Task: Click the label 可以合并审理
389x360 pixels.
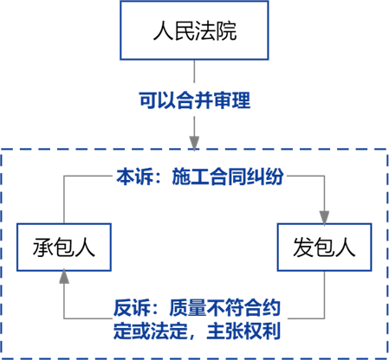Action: (x=194, y=100)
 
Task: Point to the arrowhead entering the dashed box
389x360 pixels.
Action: (x=194, y=143)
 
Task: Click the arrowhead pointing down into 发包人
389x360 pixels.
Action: (x=324, y=217)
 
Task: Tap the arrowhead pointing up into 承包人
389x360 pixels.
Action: (x=64, y=276)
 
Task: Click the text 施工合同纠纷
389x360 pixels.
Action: (x=228, y=177)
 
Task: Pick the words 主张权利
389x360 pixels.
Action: (x=243, y=331)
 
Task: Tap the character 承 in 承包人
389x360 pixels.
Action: (x=43, y=247)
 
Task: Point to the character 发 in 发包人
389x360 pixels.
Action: (x=303, y=247)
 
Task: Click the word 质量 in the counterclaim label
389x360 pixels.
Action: (x=187, y=308)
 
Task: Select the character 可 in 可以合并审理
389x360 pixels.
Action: (x=148, y=100)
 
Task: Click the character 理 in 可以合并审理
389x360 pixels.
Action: (x=241, y=100)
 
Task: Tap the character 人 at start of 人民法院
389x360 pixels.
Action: (x=163, y=30)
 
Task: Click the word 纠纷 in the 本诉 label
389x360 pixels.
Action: (x=265, y=177)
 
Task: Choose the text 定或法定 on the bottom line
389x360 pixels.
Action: (x=151, y=331)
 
